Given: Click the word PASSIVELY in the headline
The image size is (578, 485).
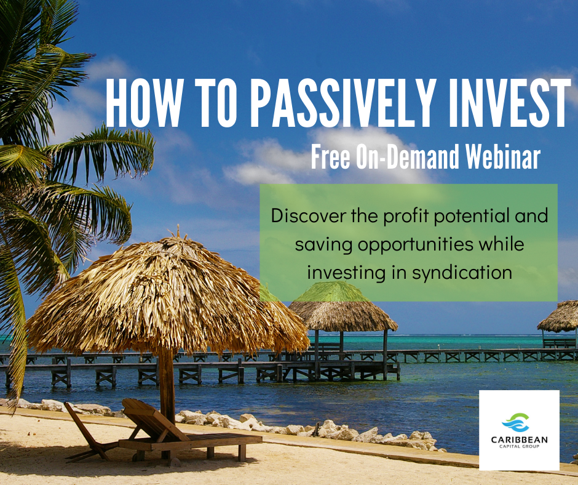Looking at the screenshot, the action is [x=341, y=103].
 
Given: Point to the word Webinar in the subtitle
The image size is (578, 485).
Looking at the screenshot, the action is [x=503, y=157].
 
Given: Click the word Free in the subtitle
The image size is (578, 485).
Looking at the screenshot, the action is [x=331, y=157].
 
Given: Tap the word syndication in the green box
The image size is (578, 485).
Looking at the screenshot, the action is [x=462, y=273].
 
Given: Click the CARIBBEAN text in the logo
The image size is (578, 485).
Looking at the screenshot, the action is [x=519, y=439].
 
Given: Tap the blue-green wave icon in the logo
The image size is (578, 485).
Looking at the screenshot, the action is [x=517, y=423].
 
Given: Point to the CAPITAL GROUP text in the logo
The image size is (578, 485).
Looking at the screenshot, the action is [x=519, y=447].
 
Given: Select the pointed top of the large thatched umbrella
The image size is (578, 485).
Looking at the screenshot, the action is [x=178, y=230].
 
